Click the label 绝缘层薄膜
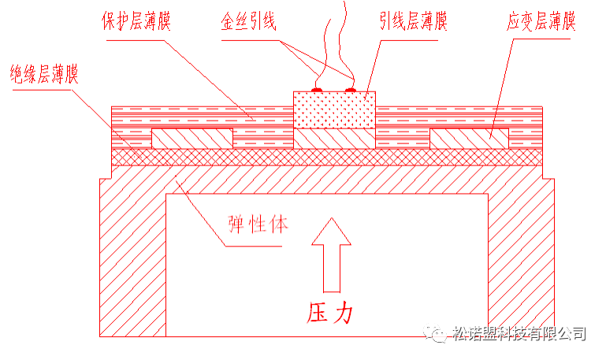point(45,76)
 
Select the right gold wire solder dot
point(352,90)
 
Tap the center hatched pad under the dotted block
point(334,139)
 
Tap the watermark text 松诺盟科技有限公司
point(520,333)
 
